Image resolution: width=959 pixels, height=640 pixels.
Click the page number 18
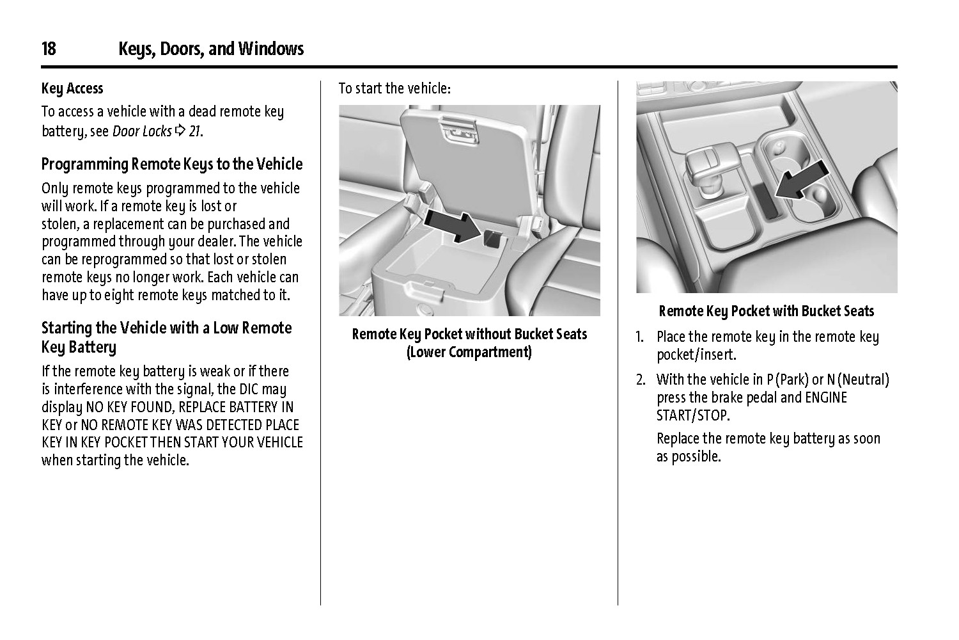click(x=49, y=49)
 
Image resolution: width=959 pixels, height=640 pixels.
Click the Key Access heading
click(x=72, y=88)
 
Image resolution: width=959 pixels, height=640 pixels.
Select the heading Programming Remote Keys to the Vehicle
click(x=172, y=164)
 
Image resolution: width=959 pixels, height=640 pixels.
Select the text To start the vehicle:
click(x=394, y=88)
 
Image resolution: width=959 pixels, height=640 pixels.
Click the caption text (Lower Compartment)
click(x=469, y=352)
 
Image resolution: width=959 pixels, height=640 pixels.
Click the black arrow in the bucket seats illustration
click(x=802, y=181)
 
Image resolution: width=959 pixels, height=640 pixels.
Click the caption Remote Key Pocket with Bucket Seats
click(x=766, y=311)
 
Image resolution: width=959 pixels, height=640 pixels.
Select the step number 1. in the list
click(x=640, y=337)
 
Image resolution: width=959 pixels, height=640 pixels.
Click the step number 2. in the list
click(x=641, y=380)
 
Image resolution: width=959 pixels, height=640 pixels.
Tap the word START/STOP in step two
click(x=692, y=415)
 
